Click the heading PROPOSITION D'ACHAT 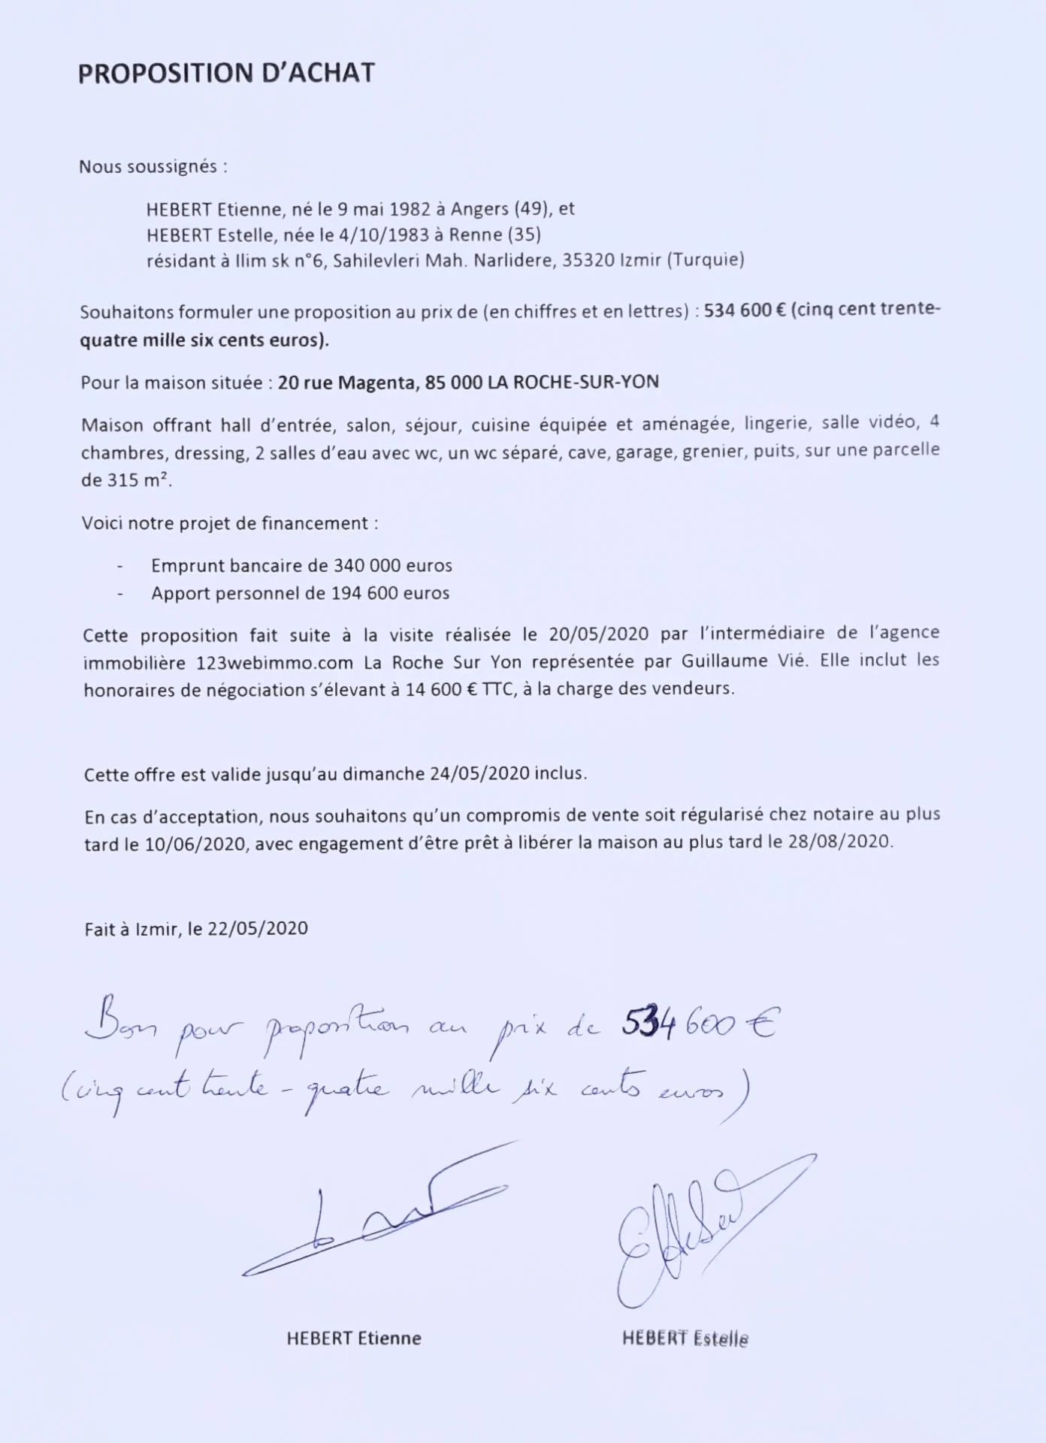(x=226, y=74)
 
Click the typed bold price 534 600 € (x=745, y=310)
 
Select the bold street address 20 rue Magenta (x=346, y=383)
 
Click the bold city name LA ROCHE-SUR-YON (x=573, y=383)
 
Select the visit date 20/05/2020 (x=598, y=634)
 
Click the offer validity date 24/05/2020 (x=480, y=774)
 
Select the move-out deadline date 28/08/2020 (x=839, y=842)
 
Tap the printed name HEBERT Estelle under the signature (x=685, y=1339)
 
